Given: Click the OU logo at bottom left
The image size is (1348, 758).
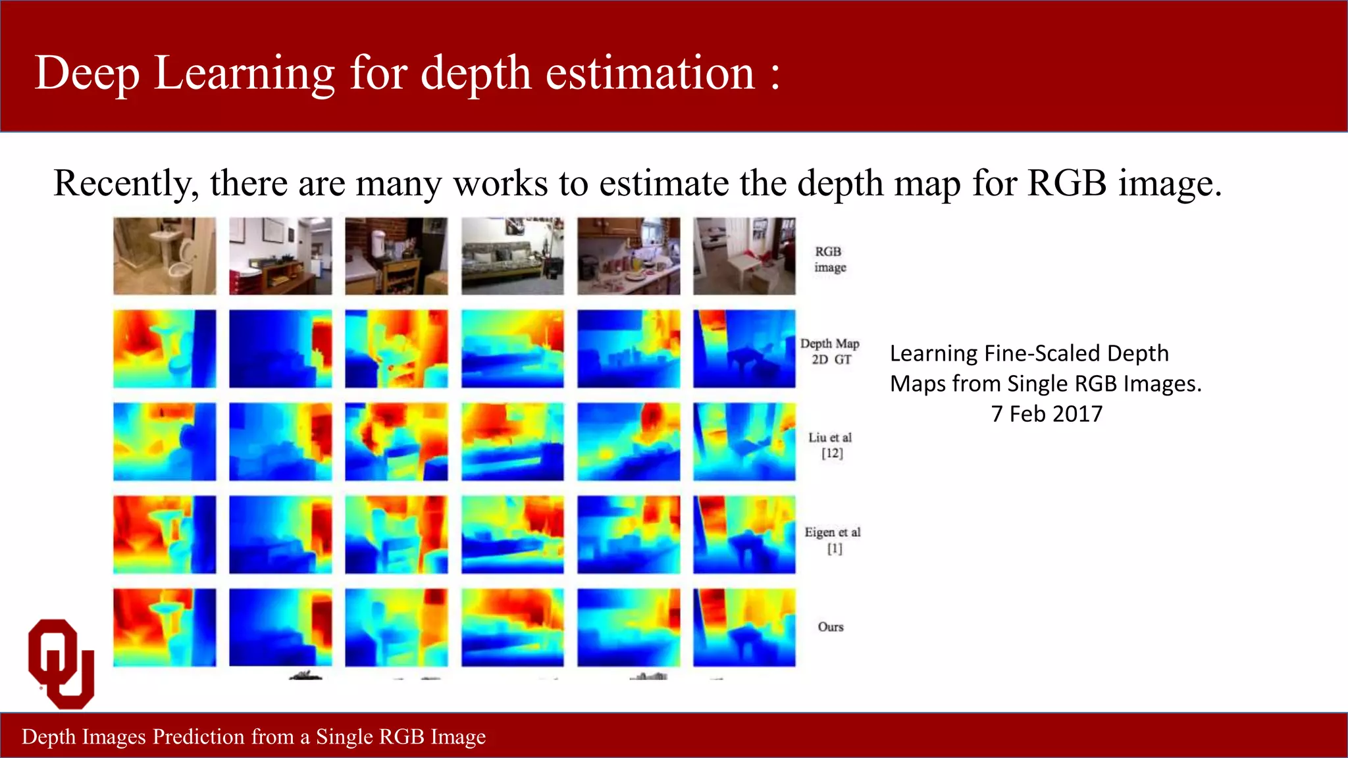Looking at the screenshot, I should [61, 663].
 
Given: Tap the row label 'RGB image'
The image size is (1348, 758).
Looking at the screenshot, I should [829, 259].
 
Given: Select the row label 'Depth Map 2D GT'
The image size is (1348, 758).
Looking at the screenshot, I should [830, 351].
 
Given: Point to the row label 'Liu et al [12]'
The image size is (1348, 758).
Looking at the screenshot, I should [831, 445].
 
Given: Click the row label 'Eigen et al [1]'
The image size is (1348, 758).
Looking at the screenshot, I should [833, 540].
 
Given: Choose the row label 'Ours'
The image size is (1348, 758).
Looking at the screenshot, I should [831, 626].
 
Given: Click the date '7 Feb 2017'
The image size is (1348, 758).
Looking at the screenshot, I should [1047, 414].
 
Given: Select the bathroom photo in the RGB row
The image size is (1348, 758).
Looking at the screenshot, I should [165, 256].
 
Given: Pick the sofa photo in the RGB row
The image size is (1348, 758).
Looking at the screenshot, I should [513, 256].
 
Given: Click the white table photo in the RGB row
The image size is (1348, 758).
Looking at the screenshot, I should [744, 256].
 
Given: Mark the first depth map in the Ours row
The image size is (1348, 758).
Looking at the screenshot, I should [165, 627].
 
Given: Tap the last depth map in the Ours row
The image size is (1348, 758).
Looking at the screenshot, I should [744, 627].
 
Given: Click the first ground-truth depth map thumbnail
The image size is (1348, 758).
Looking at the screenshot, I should [165, 349].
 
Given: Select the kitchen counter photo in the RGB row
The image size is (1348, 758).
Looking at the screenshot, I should [629, 256].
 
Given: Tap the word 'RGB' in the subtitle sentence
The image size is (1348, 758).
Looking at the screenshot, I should [1067, 183].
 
